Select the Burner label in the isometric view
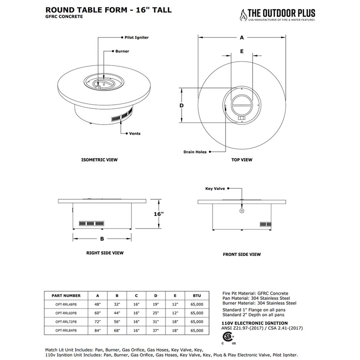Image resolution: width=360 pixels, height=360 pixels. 122,51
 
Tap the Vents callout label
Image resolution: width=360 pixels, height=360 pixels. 135,134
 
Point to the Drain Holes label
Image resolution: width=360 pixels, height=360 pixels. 195,152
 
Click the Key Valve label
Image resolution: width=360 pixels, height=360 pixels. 215,188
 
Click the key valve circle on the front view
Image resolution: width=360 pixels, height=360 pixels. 242,210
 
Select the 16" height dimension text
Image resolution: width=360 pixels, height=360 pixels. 159,214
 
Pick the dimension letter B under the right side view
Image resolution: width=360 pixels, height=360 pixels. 102,239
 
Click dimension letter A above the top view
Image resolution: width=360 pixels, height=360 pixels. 242,37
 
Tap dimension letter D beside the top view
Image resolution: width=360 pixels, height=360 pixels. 182,105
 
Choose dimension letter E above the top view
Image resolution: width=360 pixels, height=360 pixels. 242,51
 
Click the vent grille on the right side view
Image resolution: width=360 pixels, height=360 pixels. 91,223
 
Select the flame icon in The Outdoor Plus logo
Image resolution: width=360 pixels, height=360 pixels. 243,15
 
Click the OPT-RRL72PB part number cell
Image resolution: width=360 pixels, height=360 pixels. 66,321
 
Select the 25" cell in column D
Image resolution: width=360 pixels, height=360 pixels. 156,313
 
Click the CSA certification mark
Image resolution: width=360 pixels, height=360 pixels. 228,337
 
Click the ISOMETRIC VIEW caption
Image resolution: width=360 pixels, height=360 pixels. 99,159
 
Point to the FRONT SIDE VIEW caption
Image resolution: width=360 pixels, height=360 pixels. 242,255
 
